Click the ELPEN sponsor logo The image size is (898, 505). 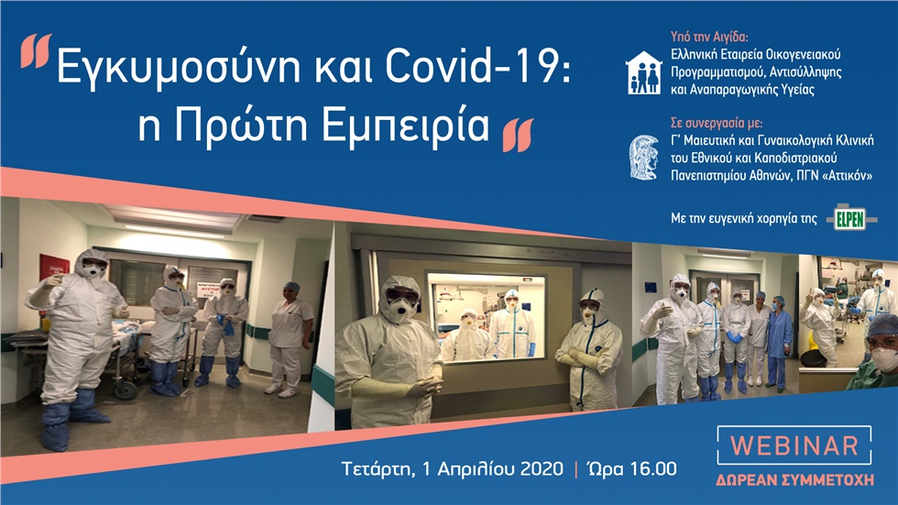851,218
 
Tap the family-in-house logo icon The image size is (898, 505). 643,72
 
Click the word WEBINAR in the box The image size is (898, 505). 794,446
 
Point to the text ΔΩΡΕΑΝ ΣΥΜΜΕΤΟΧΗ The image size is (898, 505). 794,479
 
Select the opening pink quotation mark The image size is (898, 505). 36,52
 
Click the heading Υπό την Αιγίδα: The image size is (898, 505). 709,38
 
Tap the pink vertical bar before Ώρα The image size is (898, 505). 575,469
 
